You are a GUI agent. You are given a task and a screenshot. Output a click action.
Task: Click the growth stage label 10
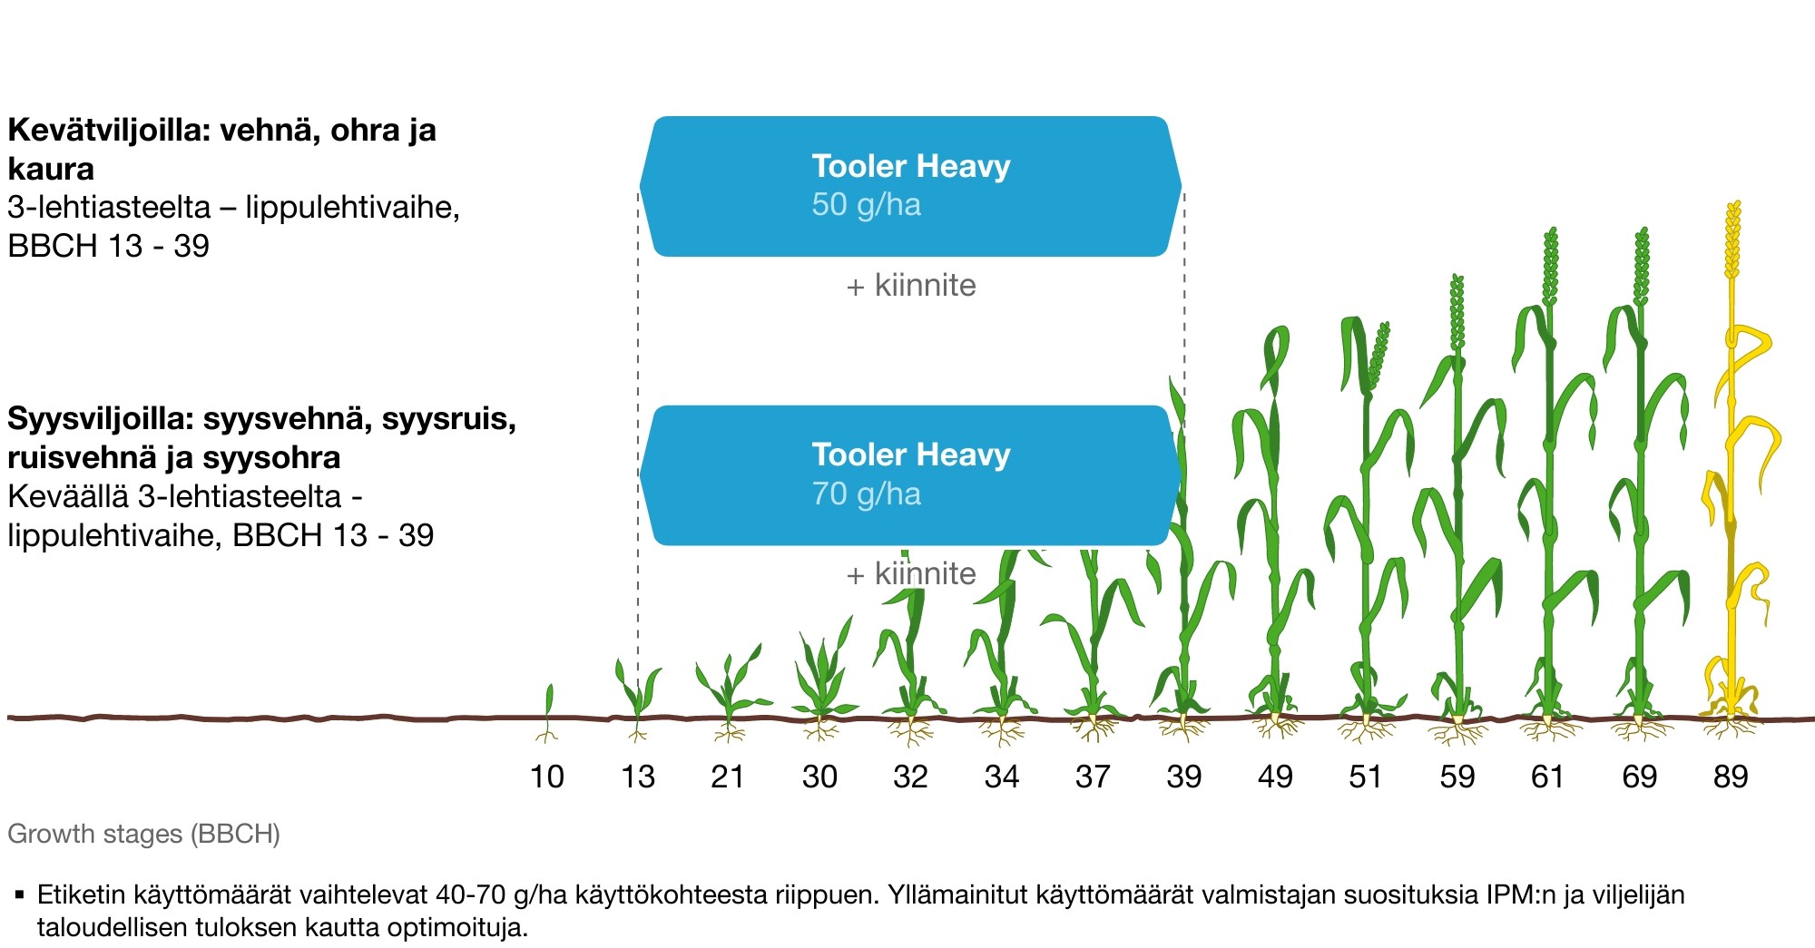click(x=546, y=777)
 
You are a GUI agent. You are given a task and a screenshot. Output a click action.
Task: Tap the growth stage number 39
click(x=1184, y=777)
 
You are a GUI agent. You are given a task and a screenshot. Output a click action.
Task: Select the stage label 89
click(x=1731, y=777)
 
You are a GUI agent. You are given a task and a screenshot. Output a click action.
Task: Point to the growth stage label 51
click(x=1366, y=777)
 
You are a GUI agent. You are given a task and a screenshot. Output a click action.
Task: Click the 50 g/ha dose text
click(x=866, y=205)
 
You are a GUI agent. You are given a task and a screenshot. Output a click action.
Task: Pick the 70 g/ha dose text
click(x=866, y=494)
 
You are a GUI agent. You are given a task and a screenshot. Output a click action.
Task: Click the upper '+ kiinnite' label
click(x=911, y=286)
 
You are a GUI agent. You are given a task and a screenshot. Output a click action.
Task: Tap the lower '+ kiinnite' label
click(x=911, y=574)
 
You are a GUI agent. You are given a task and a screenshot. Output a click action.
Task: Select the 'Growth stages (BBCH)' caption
click(x=143, y=834)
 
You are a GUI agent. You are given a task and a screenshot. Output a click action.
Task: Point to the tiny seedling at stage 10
click(x=547, y=712)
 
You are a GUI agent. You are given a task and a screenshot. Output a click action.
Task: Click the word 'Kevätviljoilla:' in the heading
click(x=110, y=131)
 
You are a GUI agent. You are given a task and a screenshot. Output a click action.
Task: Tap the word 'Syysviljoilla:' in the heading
click(x=101, y=419)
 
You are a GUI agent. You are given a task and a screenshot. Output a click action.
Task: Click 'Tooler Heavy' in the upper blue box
click(x=910, y=166)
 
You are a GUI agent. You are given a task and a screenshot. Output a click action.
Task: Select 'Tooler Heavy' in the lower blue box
click(x=910, y=454)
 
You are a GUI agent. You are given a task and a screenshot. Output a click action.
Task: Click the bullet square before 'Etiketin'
click(x=19, y=895)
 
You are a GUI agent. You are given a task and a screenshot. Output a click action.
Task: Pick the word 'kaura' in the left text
click(x=51, y=170)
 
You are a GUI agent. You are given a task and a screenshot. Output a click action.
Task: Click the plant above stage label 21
click(x=731, y=694)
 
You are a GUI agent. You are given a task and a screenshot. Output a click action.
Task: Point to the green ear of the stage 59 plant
click(x=1457, y=313)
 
